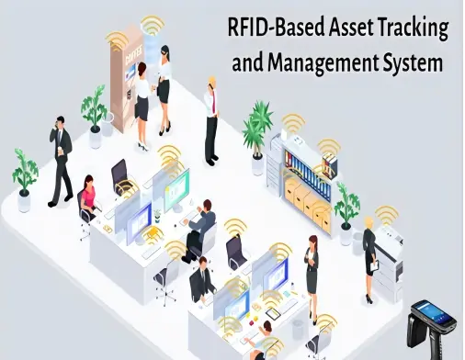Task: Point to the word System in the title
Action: [x=410, y=64]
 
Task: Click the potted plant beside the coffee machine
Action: [x=94, y=109]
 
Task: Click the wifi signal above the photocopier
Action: [x=387, y=217]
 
